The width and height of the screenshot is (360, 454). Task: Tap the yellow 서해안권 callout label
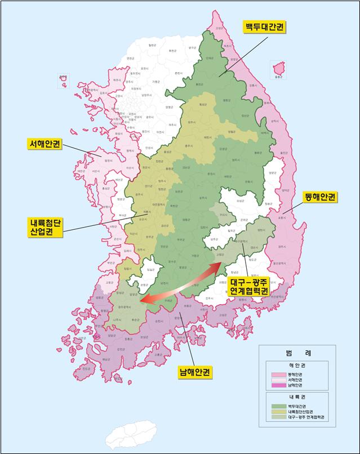[46, 144]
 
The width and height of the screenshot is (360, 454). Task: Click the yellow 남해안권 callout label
[194, 372]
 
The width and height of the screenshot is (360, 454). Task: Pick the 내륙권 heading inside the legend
[297, 397]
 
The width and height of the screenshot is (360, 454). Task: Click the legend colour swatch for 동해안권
[279, 374]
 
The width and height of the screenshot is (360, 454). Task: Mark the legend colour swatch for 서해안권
[279, 380]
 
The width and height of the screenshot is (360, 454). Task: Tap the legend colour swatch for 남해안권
[279, 385]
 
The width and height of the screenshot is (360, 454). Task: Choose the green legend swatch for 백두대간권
[279, 406]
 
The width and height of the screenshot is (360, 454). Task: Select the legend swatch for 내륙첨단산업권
[279, 412]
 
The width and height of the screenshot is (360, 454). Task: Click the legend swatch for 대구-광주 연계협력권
[279, 417]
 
